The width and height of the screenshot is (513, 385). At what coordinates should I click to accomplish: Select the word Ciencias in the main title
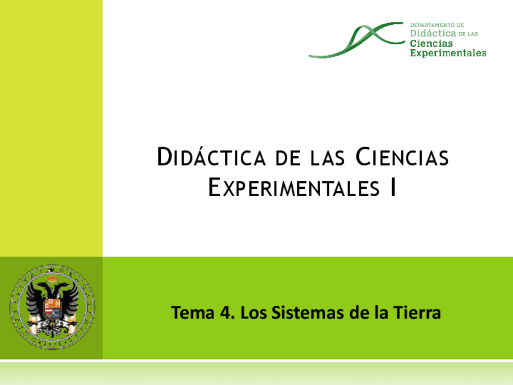click(402, 157)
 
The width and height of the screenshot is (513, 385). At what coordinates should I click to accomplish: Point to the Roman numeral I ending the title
click(393, 188)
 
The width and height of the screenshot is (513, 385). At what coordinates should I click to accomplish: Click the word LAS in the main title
click(330, 158)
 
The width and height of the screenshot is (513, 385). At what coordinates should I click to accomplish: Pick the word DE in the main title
click(288, 158)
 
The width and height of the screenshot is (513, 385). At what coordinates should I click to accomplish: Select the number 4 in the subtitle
click(226, 313)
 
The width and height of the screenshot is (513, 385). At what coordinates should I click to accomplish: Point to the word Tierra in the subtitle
click(417, 313)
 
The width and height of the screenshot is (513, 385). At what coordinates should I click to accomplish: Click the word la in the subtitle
click(381, 313)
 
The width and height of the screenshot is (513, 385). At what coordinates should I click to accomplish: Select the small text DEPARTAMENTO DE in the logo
click(437, 25)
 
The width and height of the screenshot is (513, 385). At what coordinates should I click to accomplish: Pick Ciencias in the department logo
click(431, 44)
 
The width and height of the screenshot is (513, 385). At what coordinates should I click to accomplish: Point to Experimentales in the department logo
click(448, 53)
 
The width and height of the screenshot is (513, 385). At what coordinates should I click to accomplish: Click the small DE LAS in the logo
click(469, 35)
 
